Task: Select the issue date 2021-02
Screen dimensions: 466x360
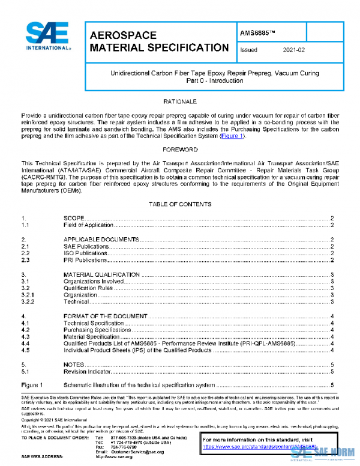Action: [293, 50]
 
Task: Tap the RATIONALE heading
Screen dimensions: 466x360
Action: [180, 101]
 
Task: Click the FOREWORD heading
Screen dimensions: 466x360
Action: [180, 148]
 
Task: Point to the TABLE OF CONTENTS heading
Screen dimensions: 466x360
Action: [180, 204]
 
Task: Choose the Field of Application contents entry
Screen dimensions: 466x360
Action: [88, 225]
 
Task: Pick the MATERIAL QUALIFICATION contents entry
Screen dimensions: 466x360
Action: [101, 274]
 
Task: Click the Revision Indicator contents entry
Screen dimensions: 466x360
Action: [86, 372]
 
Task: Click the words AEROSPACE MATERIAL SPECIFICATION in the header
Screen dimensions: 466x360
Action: [158, 41]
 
